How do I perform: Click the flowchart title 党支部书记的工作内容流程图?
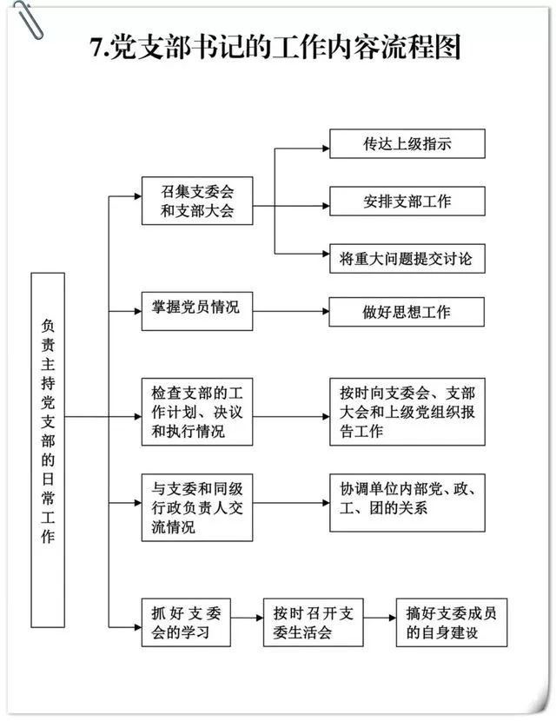(x=285, y=47)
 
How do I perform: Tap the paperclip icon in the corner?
(x=28, y=18)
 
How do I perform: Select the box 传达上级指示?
(x=407, y=144)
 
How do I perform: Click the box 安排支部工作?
(x=407, y=201)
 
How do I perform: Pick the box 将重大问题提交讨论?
(x=407, y=258)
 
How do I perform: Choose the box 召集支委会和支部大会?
(x=197, y=201)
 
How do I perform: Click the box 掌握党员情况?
(x=197, y=311)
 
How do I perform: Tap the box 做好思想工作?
(x=407, y=312)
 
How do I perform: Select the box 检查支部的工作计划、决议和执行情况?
(x=197, y=412)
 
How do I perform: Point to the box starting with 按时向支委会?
(x=407, y=412)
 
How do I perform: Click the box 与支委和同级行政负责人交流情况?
(x=197, y=507)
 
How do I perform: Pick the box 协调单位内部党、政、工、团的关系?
(x=407, y=503)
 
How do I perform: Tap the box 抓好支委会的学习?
(x=186, y=623)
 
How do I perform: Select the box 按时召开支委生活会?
(x=313, y=623)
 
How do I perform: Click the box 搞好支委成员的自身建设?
(x=452, y=623)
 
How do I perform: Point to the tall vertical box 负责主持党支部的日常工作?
(x=48, y=450)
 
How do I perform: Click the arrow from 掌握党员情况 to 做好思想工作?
(x=291, y=311)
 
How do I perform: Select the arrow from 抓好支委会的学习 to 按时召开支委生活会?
(x=247, y=618)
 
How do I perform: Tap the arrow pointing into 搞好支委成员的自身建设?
(x=380, y=618)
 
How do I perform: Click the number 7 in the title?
(x=96, y=48)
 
